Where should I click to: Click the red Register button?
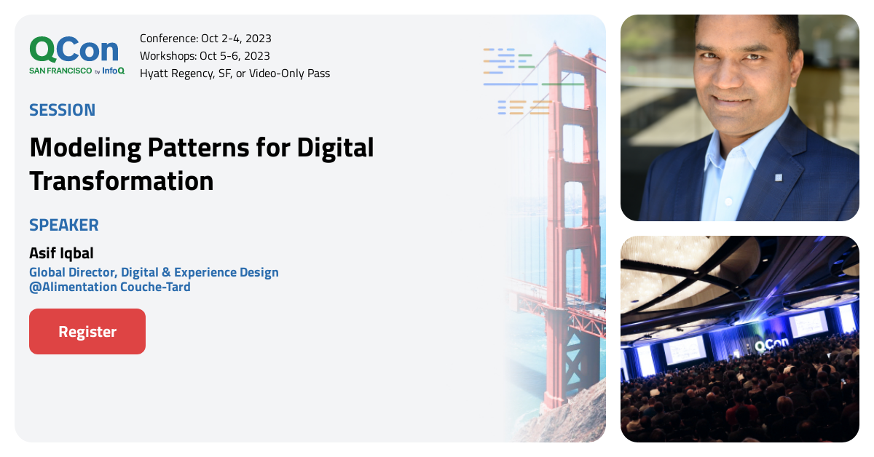87,332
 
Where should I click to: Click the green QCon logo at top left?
74,49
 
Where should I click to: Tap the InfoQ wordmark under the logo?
113,71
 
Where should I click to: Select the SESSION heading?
62,111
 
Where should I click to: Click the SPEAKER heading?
63,225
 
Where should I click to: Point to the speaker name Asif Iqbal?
61,253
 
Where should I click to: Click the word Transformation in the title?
122,180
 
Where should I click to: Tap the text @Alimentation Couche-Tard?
109,287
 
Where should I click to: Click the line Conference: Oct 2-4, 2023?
205,39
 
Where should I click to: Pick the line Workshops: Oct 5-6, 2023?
205,56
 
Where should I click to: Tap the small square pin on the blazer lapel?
778,177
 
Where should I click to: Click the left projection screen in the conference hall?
684,349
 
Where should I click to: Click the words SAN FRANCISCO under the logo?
60,71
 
